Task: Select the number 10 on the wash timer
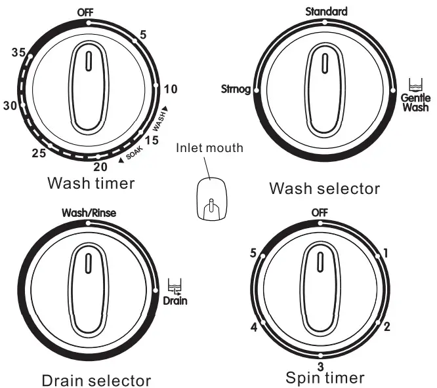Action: click(171, 89)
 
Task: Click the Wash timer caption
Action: click(91, 183)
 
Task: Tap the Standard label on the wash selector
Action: click(326, 11)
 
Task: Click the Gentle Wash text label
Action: click(415, 102)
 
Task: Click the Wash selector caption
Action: click(324, 189)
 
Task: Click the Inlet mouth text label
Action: click(209, 148)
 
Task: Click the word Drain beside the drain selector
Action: click(175, 301)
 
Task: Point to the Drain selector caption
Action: click(96, 380)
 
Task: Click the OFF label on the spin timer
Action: click(320, 212)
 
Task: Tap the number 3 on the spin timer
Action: click(320, 366)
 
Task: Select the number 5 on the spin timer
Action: click(254, 252)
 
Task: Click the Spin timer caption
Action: click(325, 378)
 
